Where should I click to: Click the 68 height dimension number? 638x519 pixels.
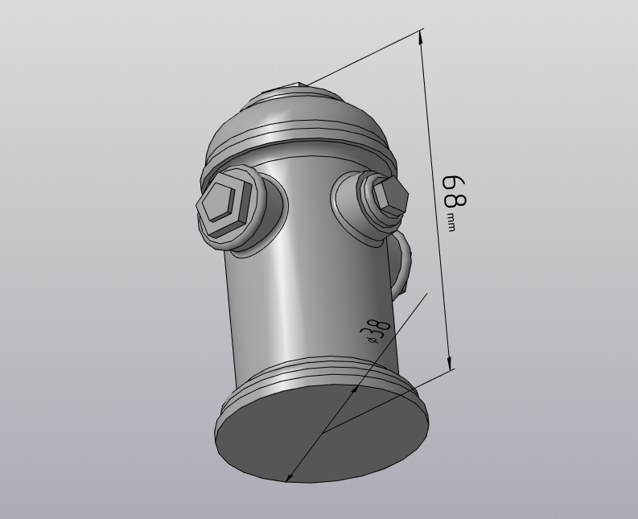455,192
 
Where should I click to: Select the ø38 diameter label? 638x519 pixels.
375,332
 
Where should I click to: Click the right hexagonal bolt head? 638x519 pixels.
389,196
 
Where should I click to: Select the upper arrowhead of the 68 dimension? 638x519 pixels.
422,39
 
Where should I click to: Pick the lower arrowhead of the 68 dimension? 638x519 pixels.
450,363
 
